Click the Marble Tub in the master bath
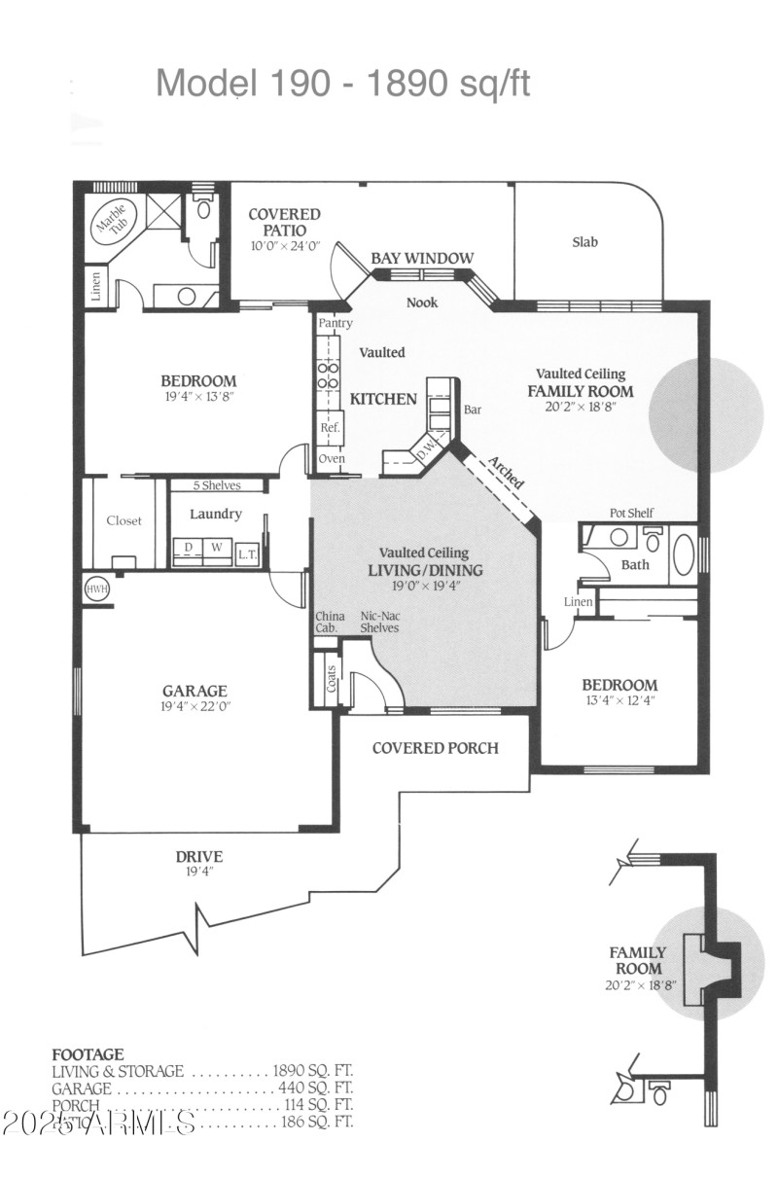pos(109,225)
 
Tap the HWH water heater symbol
pos(95,589)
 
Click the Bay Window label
pos(422,258)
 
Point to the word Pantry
pos(335,323)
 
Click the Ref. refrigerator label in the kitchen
pos(330,427)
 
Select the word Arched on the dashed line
pos(506,473)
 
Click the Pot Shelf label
pos(631,513)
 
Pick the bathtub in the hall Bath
pos(684,555)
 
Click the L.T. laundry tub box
pos(247,552)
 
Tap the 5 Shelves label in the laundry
pos(216,484)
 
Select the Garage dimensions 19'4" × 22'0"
pos(195,707)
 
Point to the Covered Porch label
pos(435,748)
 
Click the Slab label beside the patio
pos(585,242)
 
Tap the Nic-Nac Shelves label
pos(379,622)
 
